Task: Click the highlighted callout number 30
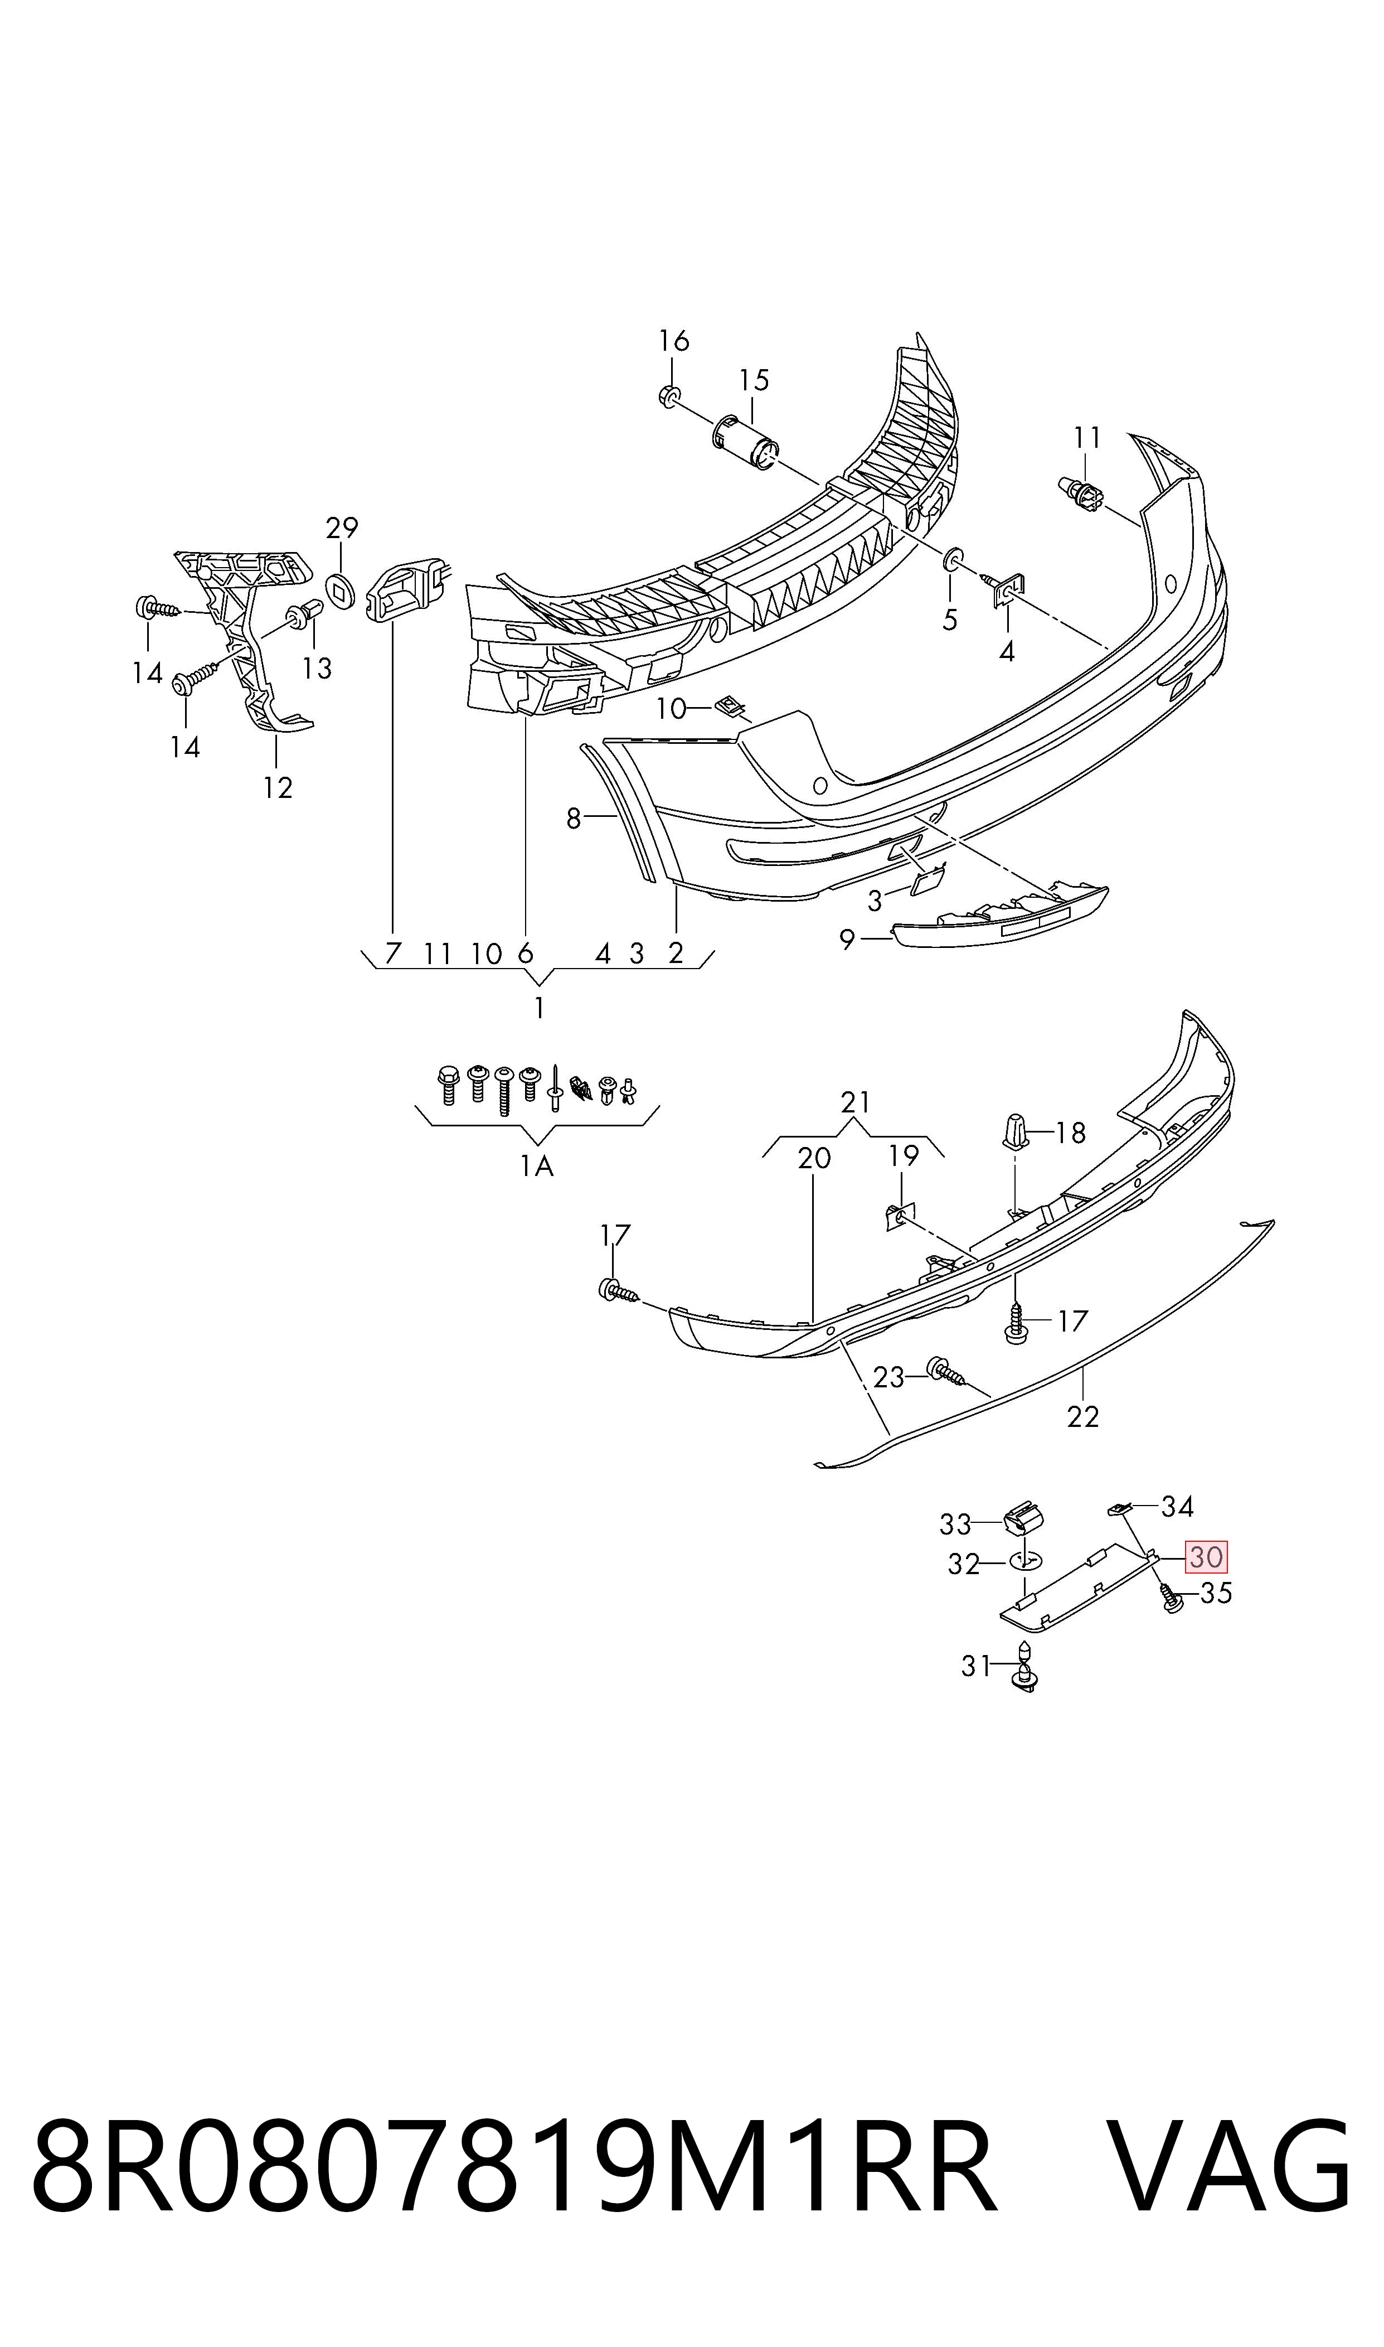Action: point(1206,1557)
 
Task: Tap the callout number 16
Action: point(673,341)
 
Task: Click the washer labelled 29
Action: point(341,589)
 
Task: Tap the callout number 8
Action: point(574,819)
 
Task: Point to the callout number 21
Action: point(855,1102)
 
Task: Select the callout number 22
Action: point(1083,1417)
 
